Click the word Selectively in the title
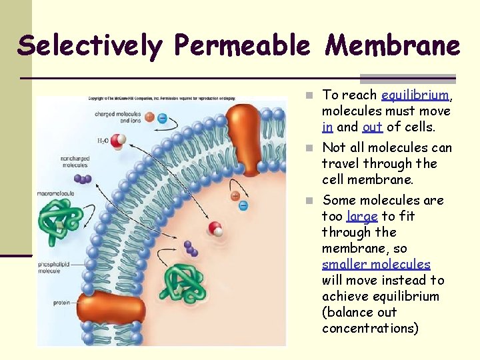click(89, 45)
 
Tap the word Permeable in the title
click(242, 45)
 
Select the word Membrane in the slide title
click(392, 45)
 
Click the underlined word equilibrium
click(413, 95)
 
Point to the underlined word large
click(362, 216)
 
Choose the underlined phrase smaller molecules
click(376, 265)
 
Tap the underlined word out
click(372, 127)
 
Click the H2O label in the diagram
click(103, 141)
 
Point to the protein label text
click(61, 303)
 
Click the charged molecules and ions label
click(115, 118)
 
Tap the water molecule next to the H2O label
click(119, 141)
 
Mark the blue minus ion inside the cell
click(243, 205)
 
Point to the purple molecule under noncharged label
click(83, 179)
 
